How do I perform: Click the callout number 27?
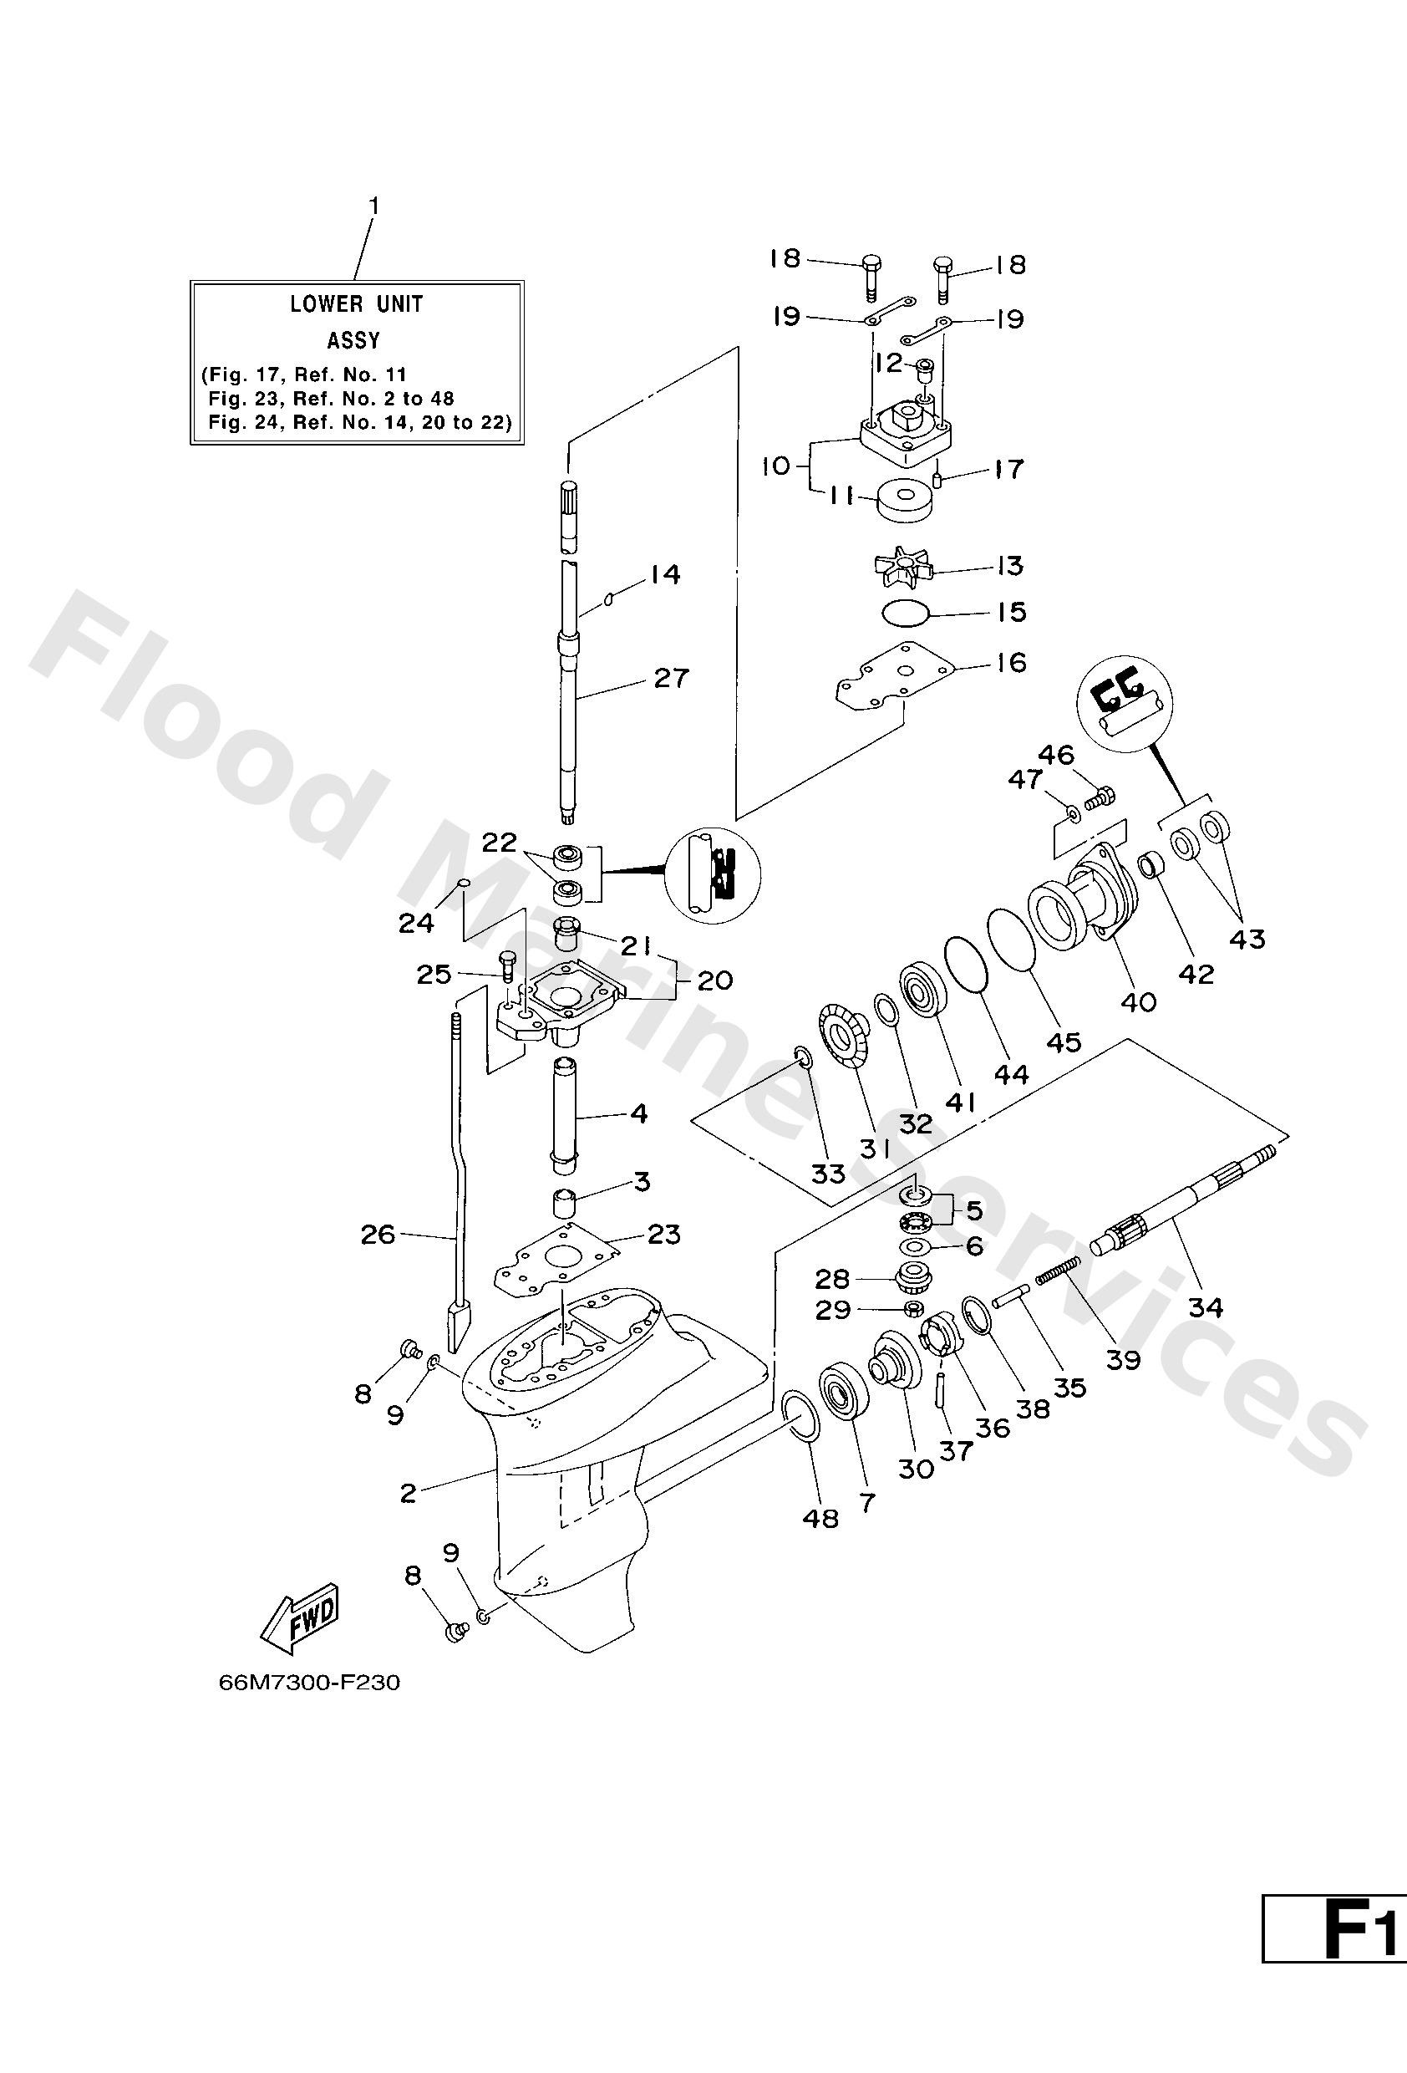(672, 678)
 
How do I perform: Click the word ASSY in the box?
(354, 340)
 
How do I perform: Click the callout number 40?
(1138, 1001)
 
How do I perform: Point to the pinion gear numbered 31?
(839, 1036)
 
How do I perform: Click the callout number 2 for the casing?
(409, 1492)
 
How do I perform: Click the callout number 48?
(821, 1517)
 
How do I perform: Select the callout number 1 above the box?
(374, 206)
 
